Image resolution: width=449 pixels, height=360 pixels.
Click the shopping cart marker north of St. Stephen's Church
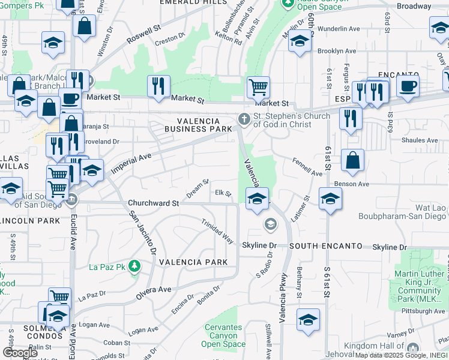tap(258, 87)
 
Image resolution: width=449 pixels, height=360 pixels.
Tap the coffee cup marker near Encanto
tap(408, 85)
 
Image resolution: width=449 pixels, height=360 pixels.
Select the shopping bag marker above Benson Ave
tap(353, 160)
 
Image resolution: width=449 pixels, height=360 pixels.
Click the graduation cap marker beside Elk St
tap(256, 198)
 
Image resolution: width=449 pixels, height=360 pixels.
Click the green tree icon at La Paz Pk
tap(136, 266)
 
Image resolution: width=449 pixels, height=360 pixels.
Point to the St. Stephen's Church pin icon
tap(243, 119)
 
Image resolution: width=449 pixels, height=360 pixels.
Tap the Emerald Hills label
tap(189, 2)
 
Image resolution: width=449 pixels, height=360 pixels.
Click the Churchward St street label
tap(154, 203)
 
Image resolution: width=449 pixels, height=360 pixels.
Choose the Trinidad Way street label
tap(217, 230)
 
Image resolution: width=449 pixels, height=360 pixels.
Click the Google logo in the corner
tap(20, 353)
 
